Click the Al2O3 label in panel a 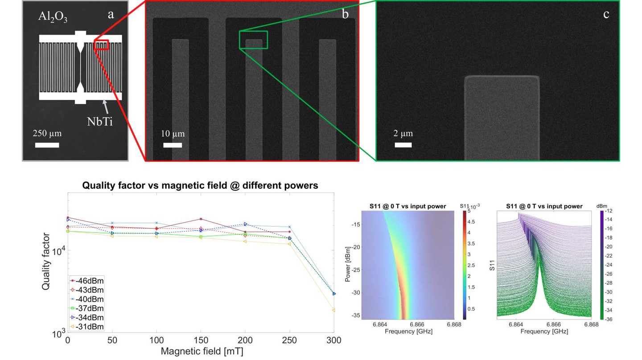coord(53,18)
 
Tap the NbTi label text coord(100,121)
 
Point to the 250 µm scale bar coord(47,145)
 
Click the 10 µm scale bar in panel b coord(173,145)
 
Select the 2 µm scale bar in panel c coord(403,145)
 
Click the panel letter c coord(606,14)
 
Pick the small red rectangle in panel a coord(102,45)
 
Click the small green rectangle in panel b coord(253,40)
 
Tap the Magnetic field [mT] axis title coord(202,352)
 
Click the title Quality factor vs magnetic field coord(200,186)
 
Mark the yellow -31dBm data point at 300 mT coord(333,310)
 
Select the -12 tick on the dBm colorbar coord(609,211)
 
